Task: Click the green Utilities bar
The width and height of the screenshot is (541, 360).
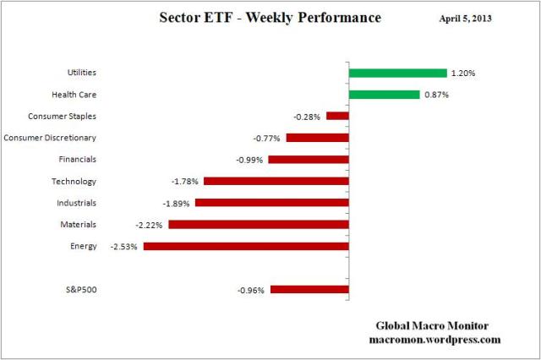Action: [x=397, y=73]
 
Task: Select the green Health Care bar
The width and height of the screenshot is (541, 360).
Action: [x=384, y=95]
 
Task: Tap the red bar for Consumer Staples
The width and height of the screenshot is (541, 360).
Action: [x=337, y=116]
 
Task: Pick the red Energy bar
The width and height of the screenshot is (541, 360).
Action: [x=246, y=246]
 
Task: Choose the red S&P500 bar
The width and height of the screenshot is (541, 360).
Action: [x=309, y=290]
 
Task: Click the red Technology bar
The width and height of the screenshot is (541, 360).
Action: [x=276, y=181]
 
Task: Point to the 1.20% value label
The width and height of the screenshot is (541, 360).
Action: [x=463, y=74]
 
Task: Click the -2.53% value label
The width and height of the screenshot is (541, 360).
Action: [x=124, y=246]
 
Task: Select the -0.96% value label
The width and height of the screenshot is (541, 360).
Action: [x=251, y=290]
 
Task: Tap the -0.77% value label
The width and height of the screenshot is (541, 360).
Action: [x=267, y=138]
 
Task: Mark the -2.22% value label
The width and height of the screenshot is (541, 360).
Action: [x=150, y=225]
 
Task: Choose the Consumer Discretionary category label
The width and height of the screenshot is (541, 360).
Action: [x=50, y=138]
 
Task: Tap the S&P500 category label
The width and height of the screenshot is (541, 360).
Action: [x=81, y=290]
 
